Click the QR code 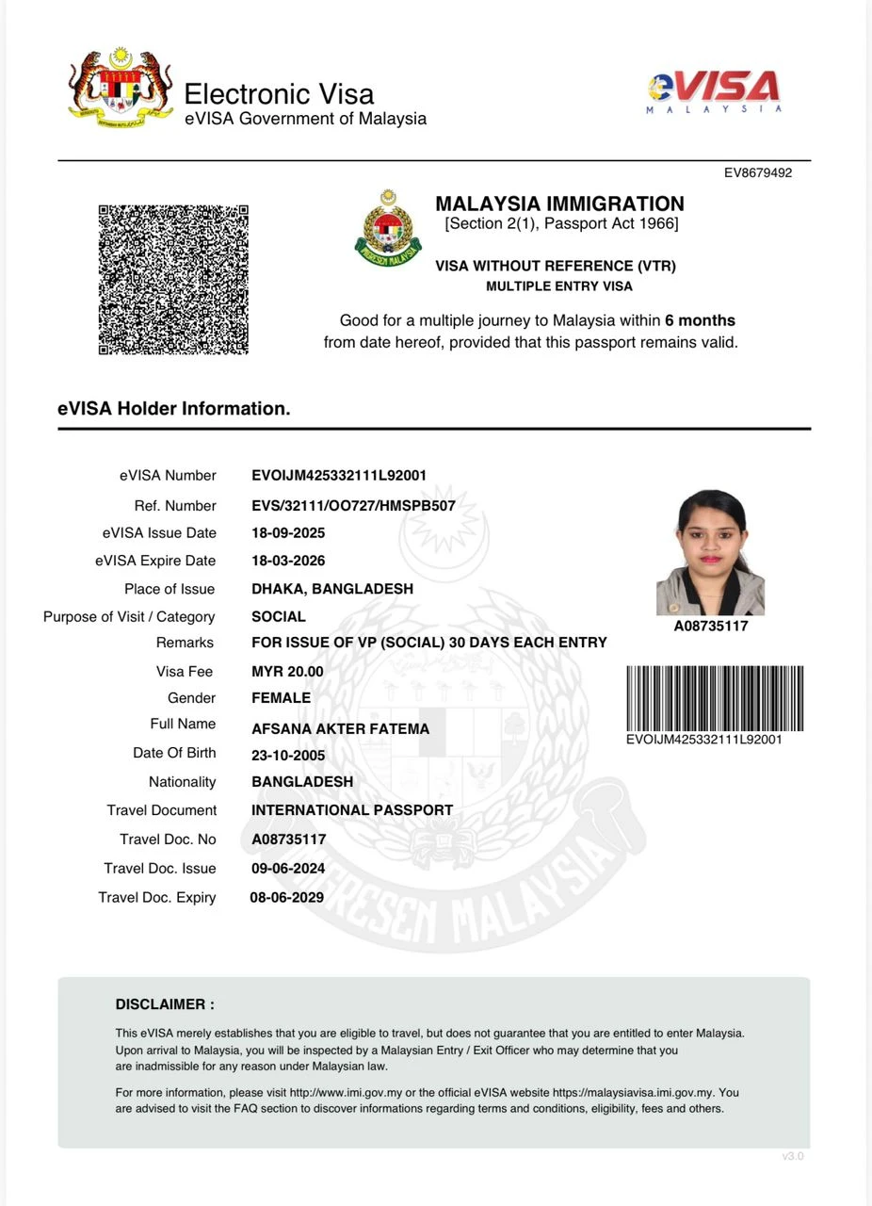tap(173, 279)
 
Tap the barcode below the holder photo tap(715, 698)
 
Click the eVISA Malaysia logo tap(715, 91)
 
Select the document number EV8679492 tap(757, 173)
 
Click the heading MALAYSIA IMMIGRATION tap(559, 204)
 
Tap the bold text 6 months tap(700, 320)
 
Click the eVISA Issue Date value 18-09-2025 tap(288, 533)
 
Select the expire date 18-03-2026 tap(288, 561)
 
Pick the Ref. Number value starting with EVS tap(353, 506)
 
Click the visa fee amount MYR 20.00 tap(287, 672)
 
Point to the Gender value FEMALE tap(281, 698)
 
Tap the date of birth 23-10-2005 tap(288, 756)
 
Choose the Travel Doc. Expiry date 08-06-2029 tap(286, 898)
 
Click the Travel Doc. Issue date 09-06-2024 tap(288, 868)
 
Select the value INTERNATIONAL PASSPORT tap(352, 810)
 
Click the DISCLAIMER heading tap(165, 1004)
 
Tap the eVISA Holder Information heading tap(174, 409)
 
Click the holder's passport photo tap(710, 552)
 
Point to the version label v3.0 tap(793, 1156)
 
